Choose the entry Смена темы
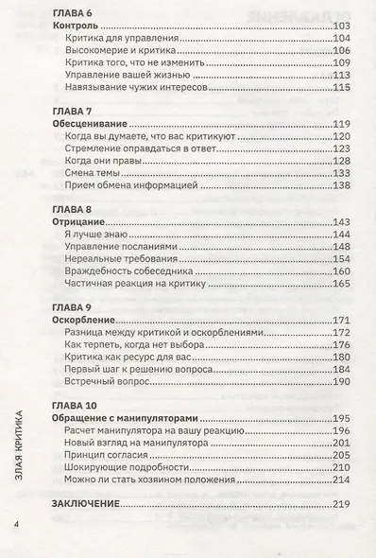[x=94, y=173]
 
